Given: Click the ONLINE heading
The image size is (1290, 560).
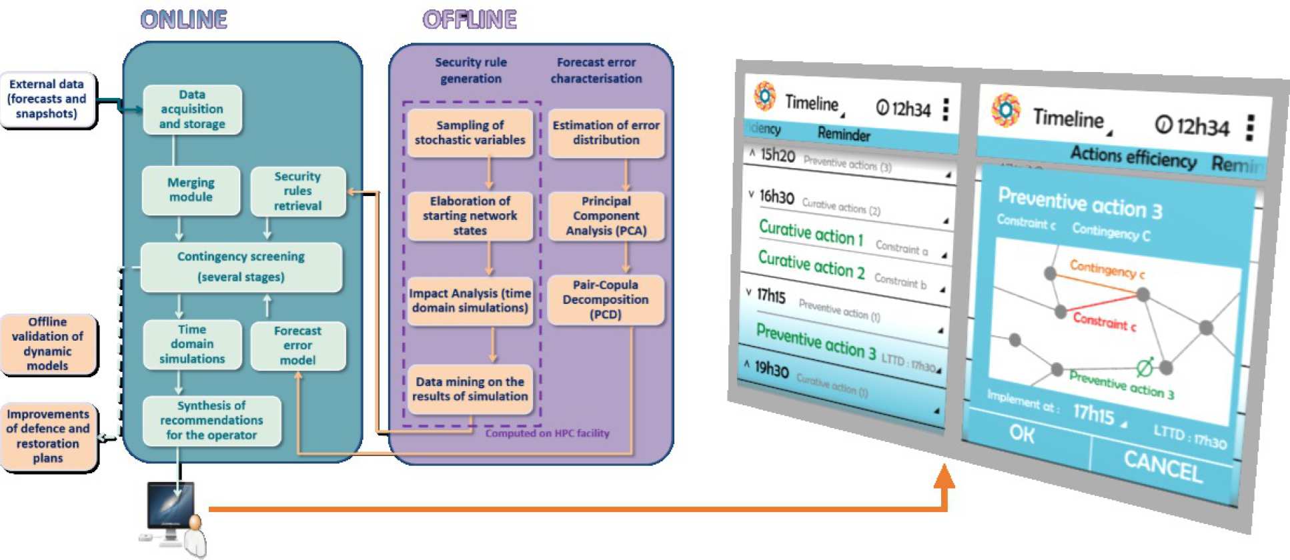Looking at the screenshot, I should (184, 20).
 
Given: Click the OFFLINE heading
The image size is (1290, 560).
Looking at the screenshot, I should (470, 20).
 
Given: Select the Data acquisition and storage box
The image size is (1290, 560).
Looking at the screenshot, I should (192, 109).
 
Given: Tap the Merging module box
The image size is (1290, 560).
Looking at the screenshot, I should (191, 190).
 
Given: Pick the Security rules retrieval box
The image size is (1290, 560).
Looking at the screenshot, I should (297, 191).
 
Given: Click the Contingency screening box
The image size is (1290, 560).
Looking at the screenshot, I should (241, 267).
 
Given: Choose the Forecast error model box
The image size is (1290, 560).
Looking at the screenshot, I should (297, 345).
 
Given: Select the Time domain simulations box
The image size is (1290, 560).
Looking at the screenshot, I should (192, 344).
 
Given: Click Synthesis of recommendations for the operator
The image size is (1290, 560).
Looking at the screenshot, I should (211, 421).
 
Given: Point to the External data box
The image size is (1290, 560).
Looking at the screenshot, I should (47, 99).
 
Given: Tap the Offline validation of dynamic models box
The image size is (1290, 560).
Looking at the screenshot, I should (47, 344).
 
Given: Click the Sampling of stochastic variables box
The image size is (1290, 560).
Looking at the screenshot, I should (470, 133).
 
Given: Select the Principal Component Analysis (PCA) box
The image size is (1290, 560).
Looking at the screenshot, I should (606, 216).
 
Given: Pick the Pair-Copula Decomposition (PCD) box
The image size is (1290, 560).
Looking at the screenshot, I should (605, 299).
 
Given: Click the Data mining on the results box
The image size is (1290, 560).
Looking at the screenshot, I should (470, 389).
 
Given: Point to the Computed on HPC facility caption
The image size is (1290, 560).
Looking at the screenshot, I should (547, 433).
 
